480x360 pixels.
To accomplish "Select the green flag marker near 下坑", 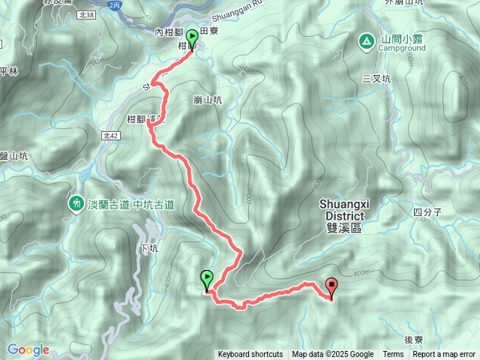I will click(x=207, y=280).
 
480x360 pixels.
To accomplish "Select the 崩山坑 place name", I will click(x=208, y=100).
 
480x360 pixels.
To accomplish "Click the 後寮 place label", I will click(x=414, y=339).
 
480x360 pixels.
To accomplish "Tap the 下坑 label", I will click(x=149, y=248).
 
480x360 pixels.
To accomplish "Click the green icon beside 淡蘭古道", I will click(x=76, y=202).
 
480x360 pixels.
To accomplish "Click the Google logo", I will click(x=28, y=349).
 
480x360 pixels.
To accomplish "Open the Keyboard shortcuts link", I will click(x=250, y=355).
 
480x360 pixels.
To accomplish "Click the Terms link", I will click(x=393, y=355).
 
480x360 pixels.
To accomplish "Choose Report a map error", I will click(x=445, y=355).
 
